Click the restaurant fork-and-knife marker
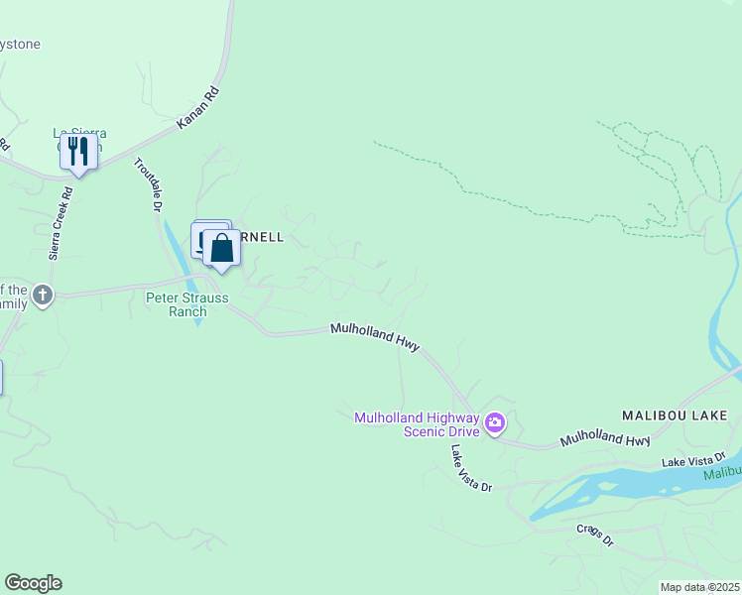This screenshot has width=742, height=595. (78, 152)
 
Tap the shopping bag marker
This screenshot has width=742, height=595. (222, 248)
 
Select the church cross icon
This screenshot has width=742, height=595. (42, 296)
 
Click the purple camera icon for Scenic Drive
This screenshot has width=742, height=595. (495, 425)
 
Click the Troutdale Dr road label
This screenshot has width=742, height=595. (146, 186)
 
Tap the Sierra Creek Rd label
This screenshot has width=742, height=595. (61, 223)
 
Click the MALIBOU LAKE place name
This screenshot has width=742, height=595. (675, 415)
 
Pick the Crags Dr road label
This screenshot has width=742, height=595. (595, 535)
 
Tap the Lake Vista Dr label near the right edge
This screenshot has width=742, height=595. (693, 460)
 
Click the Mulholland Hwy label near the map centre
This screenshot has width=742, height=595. (375, 336)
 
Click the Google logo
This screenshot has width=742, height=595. (33, 583)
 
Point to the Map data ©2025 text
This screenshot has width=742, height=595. (700, 587)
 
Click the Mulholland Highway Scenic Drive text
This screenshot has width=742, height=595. (417, 424)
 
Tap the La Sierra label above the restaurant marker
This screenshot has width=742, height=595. (79, 133)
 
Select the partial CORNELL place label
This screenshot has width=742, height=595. (263, 238)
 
